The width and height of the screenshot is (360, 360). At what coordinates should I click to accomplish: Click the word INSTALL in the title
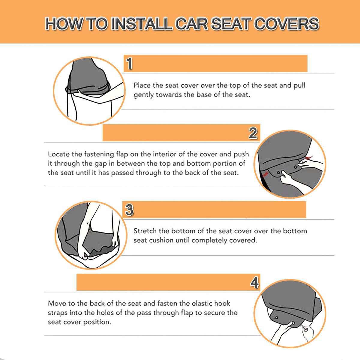[x=141, y=24]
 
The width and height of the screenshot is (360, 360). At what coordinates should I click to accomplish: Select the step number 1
[x=129, y=63]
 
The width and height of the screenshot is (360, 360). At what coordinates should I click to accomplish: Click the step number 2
[x=253, y=133]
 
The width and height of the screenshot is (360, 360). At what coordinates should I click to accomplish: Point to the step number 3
[x=129, y=210]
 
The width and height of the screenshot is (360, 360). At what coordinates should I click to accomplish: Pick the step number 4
[x=255, y=282]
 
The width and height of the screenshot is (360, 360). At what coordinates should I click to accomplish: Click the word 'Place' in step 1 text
[x=142, y=85]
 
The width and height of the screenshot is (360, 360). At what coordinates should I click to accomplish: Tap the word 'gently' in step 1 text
[x=143, y=95]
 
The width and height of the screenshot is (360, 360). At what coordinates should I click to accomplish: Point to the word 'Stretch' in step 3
[x=145, y=231]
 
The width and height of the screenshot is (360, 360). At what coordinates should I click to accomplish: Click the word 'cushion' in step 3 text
[x=161, y=240]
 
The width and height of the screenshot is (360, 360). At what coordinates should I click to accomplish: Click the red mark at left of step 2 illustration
[x=265, y=175]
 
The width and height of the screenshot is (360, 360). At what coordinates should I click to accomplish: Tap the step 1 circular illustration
[x=89, y=91]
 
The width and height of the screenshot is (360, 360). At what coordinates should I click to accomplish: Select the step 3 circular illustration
[x=91, y=235]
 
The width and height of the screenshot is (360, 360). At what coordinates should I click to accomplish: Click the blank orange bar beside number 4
[x=163, y=282]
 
